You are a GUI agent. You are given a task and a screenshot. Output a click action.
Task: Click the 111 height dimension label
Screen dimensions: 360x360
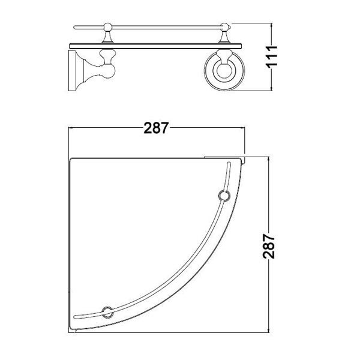coord(272,56)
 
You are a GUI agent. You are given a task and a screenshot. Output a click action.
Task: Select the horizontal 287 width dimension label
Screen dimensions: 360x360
coord(156,128)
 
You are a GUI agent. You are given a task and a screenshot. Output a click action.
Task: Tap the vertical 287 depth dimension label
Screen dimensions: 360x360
coord(269,246)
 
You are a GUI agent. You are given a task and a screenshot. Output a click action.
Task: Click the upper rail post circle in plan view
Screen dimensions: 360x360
coord(224,196)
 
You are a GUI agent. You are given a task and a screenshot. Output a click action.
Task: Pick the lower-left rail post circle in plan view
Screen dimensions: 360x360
coord(107,312)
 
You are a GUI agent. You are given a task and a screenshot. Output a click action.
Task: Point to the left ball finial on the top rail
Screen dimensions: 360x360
coord(107,27)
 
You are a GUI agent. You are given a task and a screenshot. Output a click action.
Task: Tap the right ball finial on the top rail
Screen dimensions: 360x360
coord(224,27)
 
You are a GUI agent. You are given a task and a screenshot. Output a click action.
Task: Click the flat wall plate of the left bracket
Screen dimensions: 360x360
coord(72,71)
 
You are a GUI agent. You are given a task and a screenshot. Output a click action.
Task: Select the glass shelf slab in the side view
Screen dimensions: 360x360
coord(155,46)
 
